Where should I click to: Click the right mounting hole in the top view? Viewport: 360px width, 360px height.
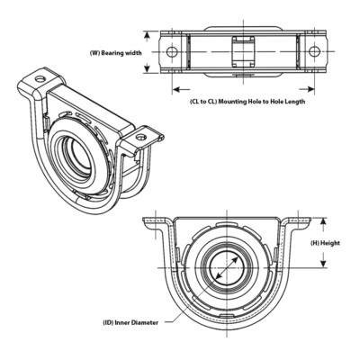pyautogui.click(x=314, y=51)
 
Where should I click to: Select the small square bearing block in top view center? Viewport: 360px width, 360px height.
pyautogui.click(x=242, y=50)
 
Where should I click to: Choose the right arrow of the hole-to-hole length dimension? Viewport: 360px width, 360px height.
pyautogui.click(x=311, y=89)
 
